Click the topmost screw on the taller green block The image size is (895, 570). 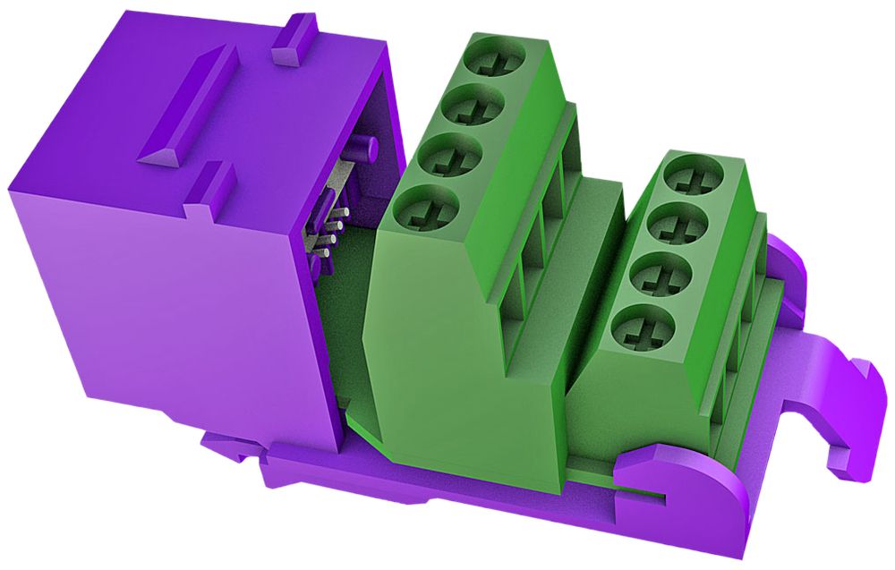click(491, 62)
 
